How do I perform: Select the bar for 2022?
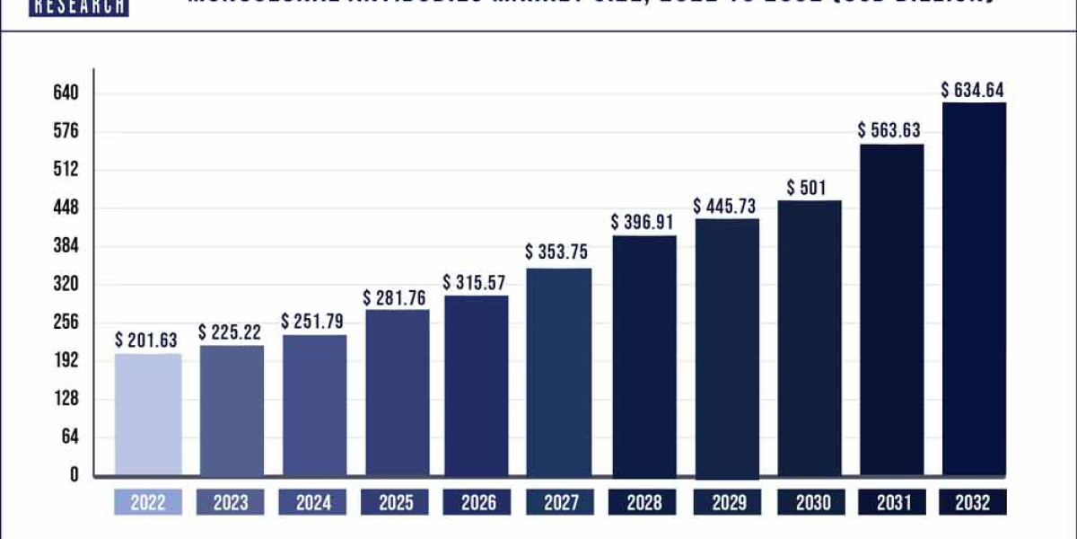pos(148,414)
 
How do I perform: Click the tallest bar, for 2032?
pos(974,288)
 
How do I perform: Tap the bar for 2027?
pos(559,372)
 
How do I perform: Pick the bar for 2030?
pos(809,338)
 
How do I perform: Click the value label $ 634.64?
pos(973,90)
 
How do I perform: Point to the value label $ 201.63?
pos(147,340)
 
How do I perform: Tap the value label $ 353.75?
pos(558,252)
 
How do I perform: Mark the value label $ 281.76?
pos(396,297)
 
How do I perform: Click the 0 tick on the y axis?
pos(74,475)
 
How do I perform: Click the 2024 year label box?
pos(313,503)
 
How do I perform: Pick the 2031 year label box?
pos(891,503)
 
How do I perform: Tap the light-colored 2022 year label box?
pos(148,503)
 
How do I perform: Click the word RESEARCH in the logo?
pos(79,7)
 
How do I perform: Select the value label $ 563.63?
pos(890,130)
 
